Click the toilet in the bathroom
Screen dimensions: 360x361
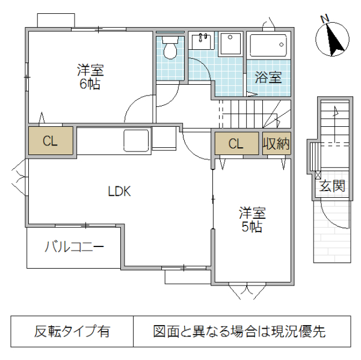pyautogui.click(x=171, y=48)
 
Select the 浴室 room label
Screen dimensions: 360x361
pyautogui.click(x=268, y=77)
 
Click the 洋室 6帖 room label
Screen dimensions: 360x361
pyautogui.click(x=90, y=76)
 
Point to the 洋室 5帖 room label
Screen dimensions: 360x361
pyautogui.click(x=251, y=219)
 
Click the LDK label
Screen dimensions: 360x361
pyautogui.click(x=119, y=192)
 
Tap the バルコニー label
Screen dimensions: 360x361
pyautogui.click(x=75, y=247)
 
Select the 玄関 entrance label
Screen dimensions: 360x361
pyautogui.click(x=332, y=187)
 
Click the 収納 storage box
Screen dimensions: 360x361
pyautogui.click(x=277, y=144)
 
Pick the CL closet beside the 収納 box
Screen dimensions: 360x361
pyautogui.click(x=235, y=144)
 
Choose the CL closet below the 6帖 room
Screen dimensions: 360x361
pyautogui.click(x=50, y=141)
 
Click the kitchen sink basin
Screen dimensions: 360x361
pyautogui.click(x=137, y=141)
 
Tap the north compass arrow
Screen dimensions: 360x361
pyautogui.click(x=333, y=40)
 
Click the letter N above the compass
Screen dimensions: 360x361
pyautogui.click(x=324, y=19)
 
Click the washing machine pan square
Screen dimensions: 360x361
pyautogui.click(x=229, y=44)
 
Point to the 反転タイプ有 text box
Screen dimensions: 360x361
pyautogui.click(x=72, y=331)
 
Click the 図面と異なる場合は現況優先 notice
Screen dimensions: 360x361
pyautogui.click(x=239, y=331)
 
